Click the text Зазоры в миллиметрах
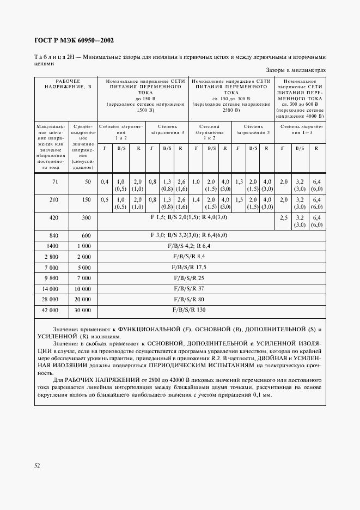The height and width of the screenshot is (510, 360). [296, 70]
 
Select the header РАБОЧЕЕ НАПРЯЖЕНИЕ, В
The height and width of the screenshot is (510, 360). [65, 83]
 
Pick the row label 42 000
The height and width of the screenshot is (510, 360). [50, 310]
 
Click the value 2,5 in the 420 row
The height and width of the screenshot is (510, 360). [282, 217]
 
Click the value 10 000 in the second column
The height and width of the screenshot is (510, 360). [82, 288]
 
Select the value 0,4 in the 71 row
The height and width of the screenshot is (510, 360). [105, 181]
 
